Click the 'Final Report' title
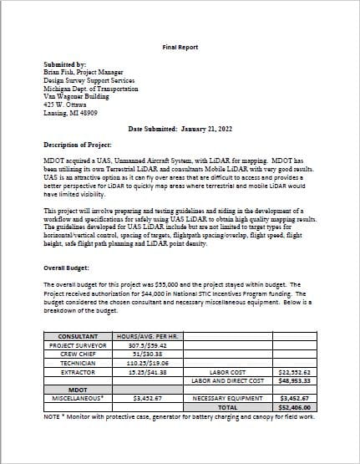tap(180, 48)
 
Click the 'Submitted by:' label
tap(64, 64)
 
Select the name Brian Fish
tap(61, 73)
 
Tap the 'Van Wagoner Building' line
tap(77, 96)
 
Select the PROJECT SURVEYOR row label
tap(78, 344)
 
